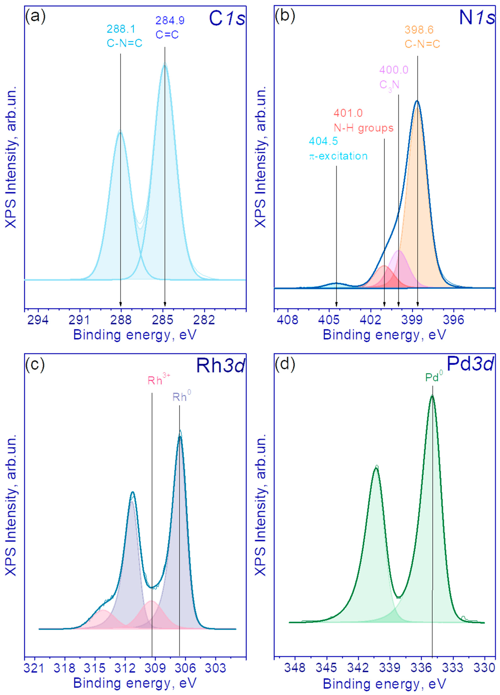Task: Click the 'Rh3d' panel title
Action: (x=220, y=365)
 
